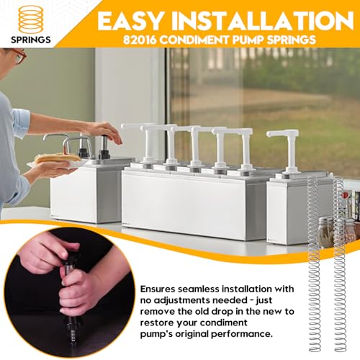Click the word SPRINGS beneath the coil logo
coord(31,40)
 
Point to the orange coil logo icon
coord(31,19)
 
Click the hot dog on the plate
coord(58,158)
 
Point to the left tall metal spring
coord(314,264)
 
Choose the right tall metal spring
coord(339,264)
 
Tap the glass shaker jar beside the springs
coord(326,231)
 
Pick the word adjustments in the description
coord(182,301)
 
